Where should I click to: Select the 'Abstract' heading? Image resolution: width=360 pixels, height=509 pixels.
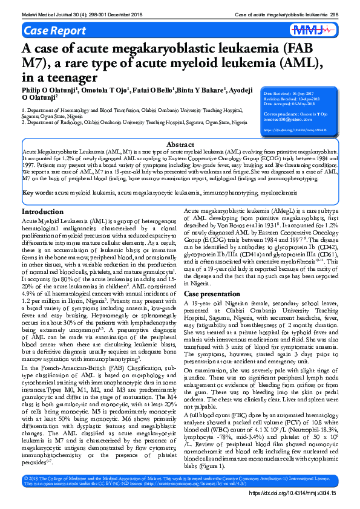point(180,145)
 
